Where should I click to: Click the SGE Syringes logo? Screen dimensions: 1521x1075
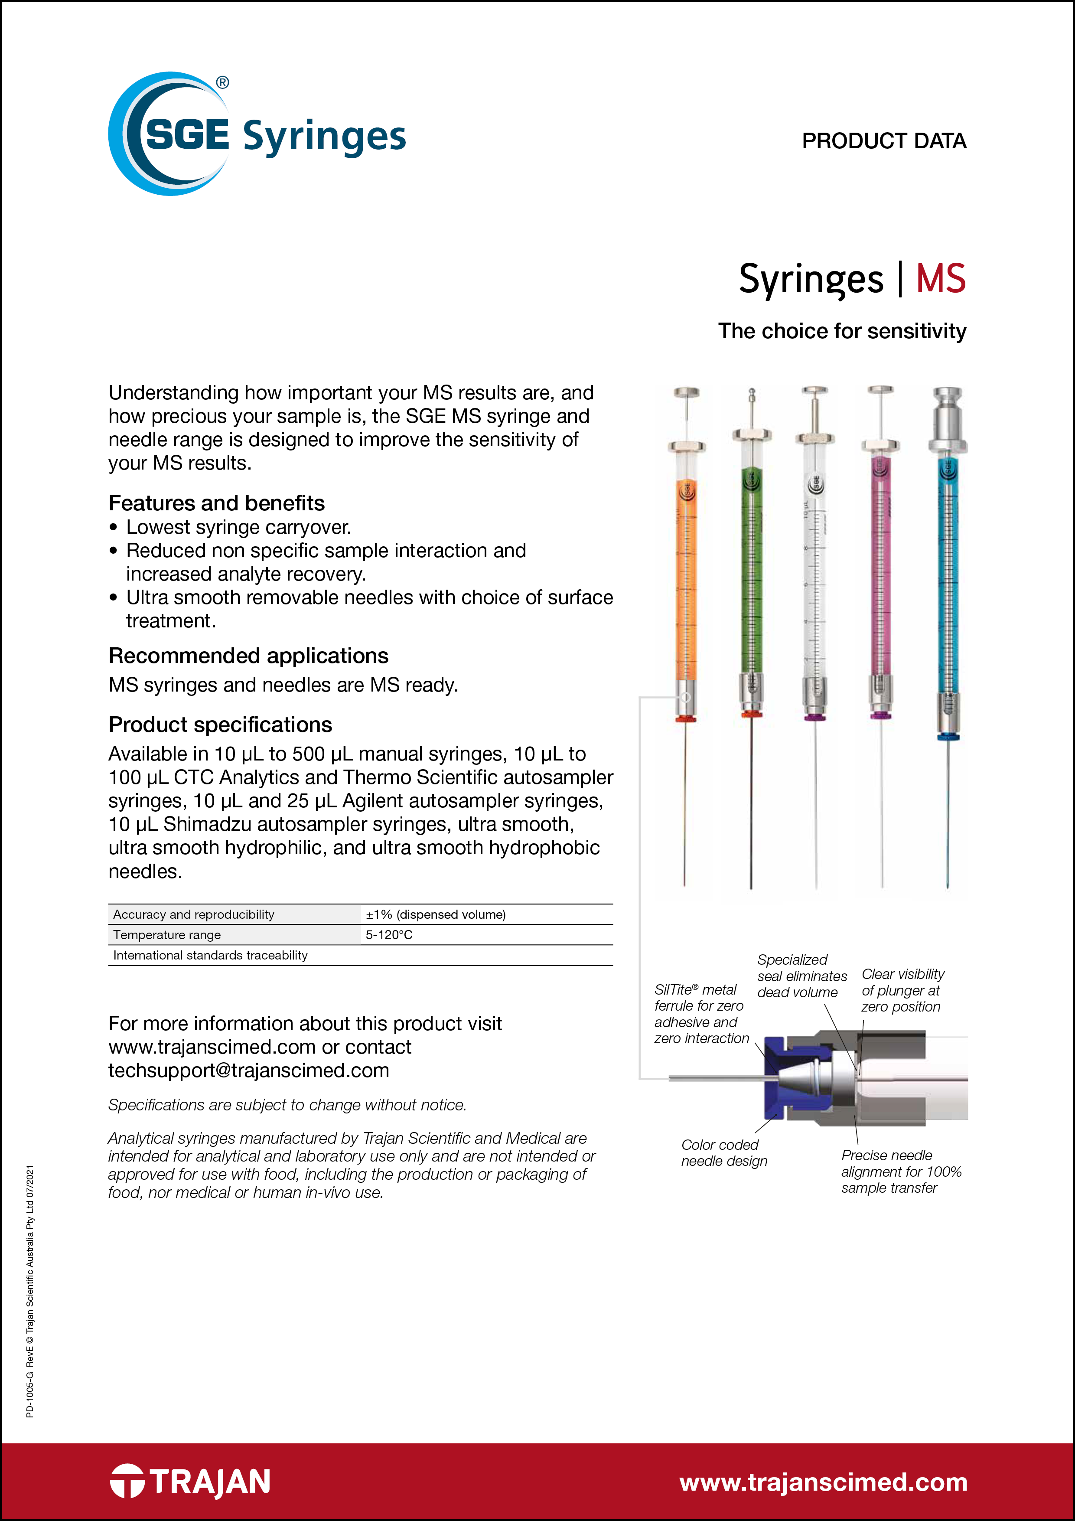coord(257,134)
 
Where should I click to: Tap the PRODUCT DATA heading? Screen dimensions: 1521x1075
coord(883,141)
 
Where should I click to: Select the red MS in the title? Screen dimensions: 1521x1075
coord(941,279)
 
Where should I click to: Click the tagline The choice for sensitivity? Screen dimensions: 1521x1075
coord(842,331)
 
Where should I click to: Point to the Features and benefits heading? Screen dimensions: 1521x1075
coord(217,503)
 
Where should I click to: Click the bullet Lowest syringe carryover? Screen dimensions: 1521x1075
coord(238,527)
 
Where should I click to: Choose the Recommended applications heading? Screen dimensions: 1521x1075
coord(248,656)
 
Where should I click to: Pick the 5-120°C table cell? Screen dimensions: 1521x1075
coord(389,935)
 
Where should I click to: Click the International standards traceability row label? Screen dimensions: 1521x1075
coord(211,955)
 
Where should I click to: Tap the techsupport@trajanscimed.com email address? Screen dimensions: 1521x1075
coord(249,1071)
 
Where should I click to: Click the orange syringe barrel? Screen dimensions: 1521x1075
coord(686,576)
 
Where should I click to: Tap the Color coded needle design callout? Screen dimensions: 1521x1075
coord(723,1153)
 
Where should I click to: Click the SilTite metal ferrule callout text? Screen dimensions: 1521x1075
coord(701,1014)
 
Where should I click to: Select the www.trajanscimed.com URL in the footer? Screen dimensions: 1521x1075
coord(823,1482)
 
